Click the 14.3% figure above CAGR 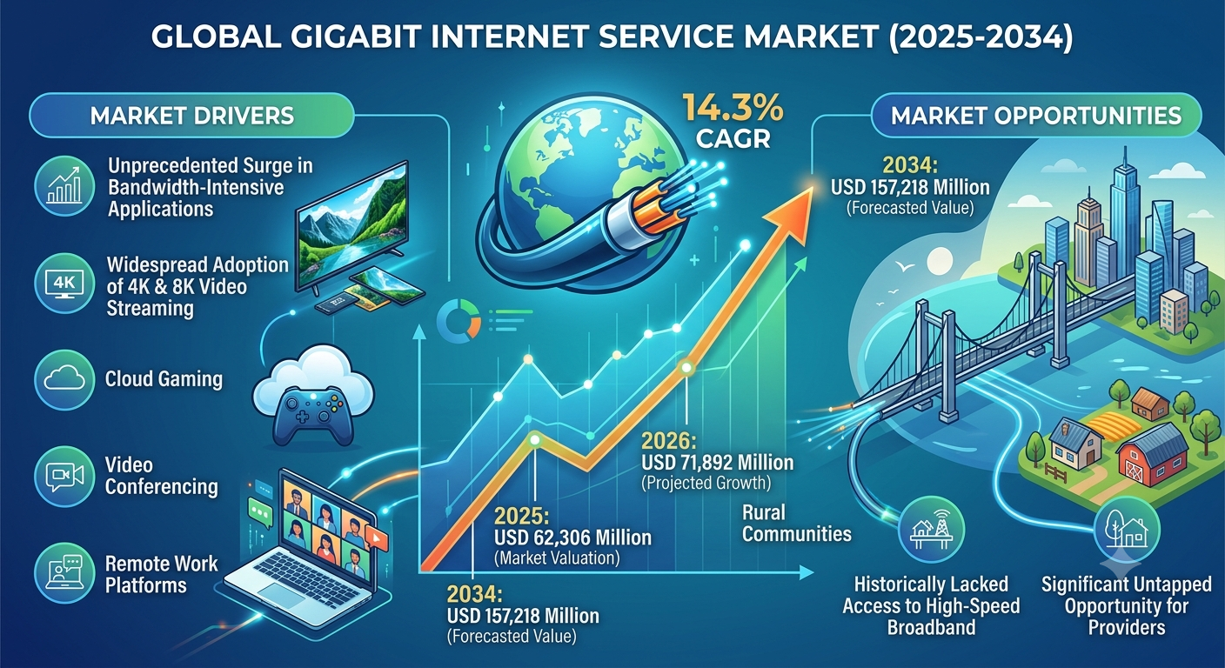pos(733,108)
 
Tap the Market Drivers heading pos(192,116)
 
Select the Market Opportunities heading pos(1036,116)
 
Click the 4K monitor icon pos(64,284)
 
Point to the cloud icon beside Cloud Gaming pos(64,378)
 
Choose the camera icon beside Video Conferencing pos(64,476)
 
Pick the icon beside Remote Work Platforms pos(64,571)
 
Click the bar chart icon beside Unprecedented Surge pos(64,186)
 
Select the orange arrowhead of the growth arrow pos(788,217)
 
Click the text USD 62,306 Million pos(572,538)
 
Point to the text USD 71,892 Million pos(718,463)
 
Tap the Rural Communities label pos(796,523)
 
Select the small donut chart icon pos(459,321)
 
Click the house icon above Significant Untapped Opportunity pos(1127,531)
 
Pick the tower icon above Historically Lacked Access pos(931,530)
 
